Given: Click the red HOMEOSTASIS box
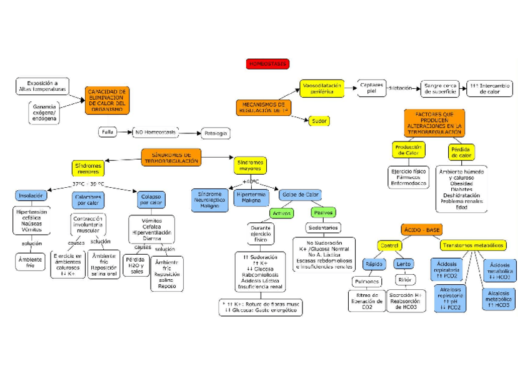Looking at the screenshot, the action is (268, 64).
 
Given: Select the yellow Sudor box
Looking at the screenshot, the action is (319, 120).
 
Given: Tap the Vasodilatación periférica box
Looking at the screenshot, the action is (322, 89).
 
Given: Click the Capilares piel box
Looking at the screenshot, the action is (372, 88).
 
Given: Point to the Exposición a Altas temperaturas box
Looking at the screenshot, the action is (42, 86).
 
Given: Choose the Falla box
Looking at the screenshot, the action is (107, 132).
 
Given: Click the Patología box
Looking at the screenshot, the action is (215, 133).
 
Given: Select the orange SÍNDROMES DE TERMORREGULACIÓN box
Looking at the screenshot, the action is (171, 157).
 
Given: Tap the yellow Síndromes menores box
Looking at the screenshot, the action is (88, 168).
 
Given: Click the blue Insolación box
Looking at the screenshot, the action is (30, 196).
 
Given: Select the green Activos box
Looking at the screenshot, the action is (281, 213).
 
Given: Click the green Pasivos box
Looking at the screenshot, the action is (323, 213).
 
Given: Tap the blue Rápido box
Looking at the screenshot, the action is (374, 264).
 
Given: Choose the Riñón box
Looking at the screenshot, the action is (404, 280).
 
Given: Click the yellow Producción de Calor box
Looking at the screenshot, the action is (408, 150).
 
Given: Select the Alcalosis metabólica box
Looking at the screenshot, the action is (499, 298).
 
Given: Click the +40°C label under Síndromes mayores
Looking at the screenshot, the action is (251, 182).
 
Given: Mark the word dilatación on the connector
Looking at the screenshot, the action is (400, 88).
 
